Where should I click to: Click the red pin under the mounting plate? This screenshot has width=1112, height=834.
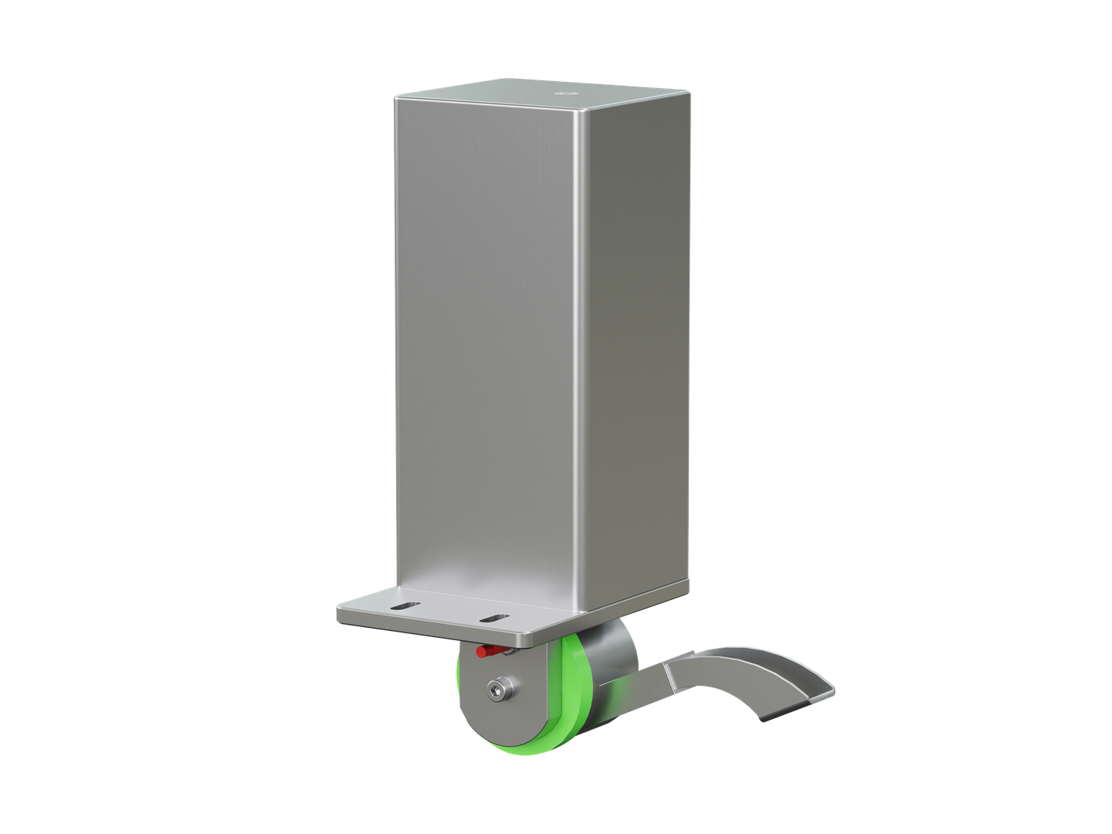486,652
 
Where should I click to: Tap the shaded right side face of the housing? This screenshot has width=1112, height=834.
637,347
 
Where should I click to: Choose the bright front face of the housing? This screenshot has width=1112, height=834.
486,347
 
